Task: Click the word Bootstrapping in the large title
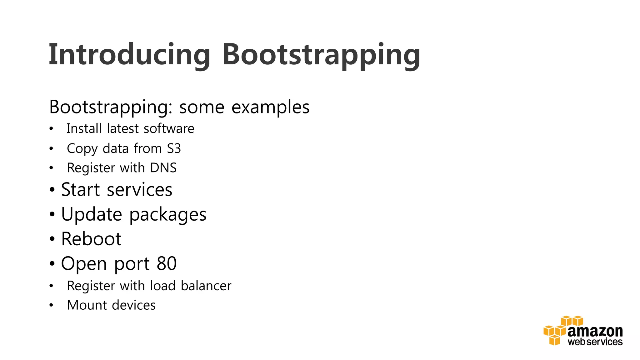pos(321,55)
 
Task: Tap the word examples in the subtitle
pos(270,107)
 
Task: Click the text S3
pos(174,148)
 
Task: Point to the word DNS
pos(163,168)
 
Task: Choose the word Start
pos(80,190)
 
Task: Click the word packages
pos(168,215)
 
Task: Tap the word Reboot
pos(91,239)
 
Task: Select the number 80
pos(167,263)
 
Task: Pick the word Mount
pos(87,305)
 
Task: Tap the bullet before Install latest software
pos(51,129)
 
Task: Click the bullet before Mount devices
pos(51,305)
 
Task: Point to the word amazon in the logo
pos(595,331)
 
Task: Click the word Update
pos(91,215)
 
